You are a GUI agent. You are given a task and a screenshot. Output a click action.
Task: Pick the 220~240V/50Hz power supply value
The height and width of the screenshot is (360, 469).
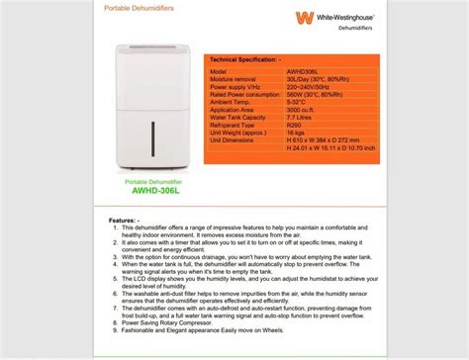click(314, 87)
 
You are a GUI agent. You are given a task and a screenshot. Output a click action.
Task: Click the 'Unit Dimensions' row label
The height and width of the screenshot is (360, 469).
click(233, 140)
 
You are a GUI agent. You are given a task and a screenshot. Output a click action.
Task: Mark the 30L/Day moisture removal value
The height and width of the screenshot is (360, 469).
click(322, 80)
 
